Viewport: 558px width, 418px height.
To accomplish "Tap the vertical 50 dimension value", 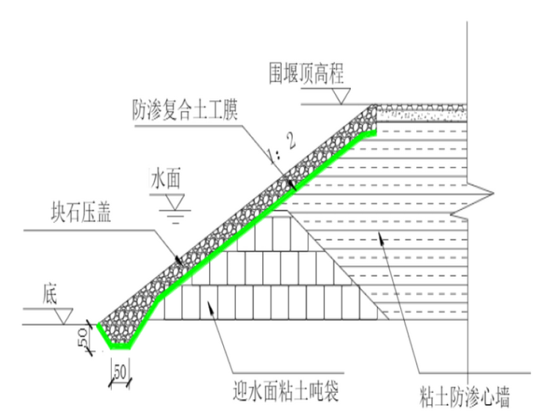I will coord(83,339).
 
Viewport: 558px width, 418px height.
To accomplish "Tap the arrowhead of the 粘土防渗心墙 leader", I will coord(379,235).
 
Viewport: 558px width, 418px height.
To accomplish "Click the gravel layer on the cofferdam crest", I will coord(418,113).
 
